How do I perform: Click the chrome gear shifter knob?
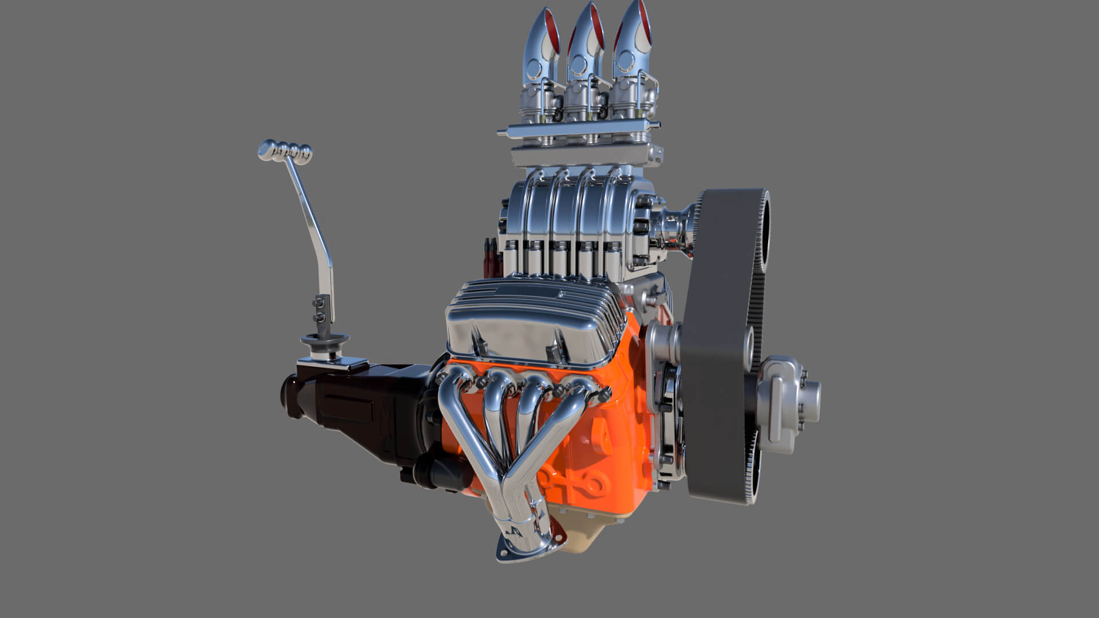pyautogui.click(x=285, y=151)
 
